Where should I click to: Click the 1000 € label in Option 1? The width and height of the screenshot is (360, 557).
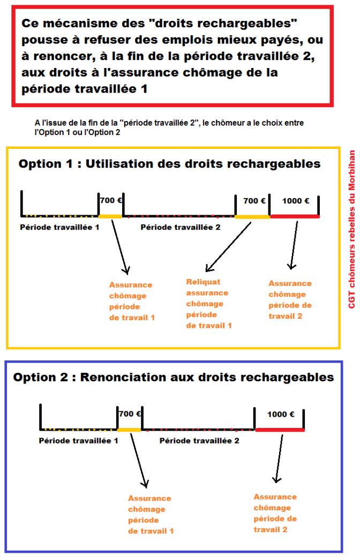[296, 201]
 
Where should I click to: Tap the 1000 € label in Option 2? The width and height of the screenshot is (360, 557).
[281, 414]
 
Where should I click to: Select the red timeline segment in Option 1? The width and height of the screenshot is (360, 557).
[295, 216]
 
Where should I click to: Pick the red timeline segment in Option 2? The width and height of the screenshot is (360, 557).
[280, 430]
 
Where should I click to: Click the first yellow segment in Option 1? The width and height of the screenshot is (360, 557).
[110, 216]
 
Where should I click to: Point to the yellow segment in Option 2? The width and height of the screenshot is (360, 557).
[129, 430]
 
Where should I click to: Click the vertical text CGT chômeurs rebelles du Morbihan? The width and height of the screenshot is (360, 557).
[352, 229]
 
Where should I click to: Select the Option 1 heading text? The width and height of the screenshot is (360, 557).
[169, 164]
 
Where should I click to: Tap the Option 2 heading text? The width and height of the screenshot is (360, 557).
[174, 377]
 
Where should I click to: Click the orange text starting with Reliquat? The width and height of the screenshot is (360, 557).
[208, 304]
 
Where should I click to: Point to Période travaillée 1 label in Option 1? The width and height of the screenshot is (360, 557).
[59, 227]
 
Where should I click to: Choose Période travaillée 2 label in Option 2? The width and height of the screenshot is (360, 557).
[199, 441]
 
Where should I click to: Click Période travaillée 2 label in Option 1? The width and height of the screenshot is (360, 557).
[181, 227]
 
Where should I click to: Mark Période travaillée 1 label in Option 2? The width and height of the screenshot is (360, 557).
[78, 441]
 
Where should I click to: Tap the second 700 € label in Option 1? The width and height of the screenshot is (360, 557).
[254, 201]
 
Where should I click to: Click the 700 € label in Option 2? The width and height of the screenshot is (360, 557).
[130, 414]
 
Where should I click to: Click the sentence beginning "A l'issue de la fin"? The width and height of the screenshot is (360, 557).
[169, 127]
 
